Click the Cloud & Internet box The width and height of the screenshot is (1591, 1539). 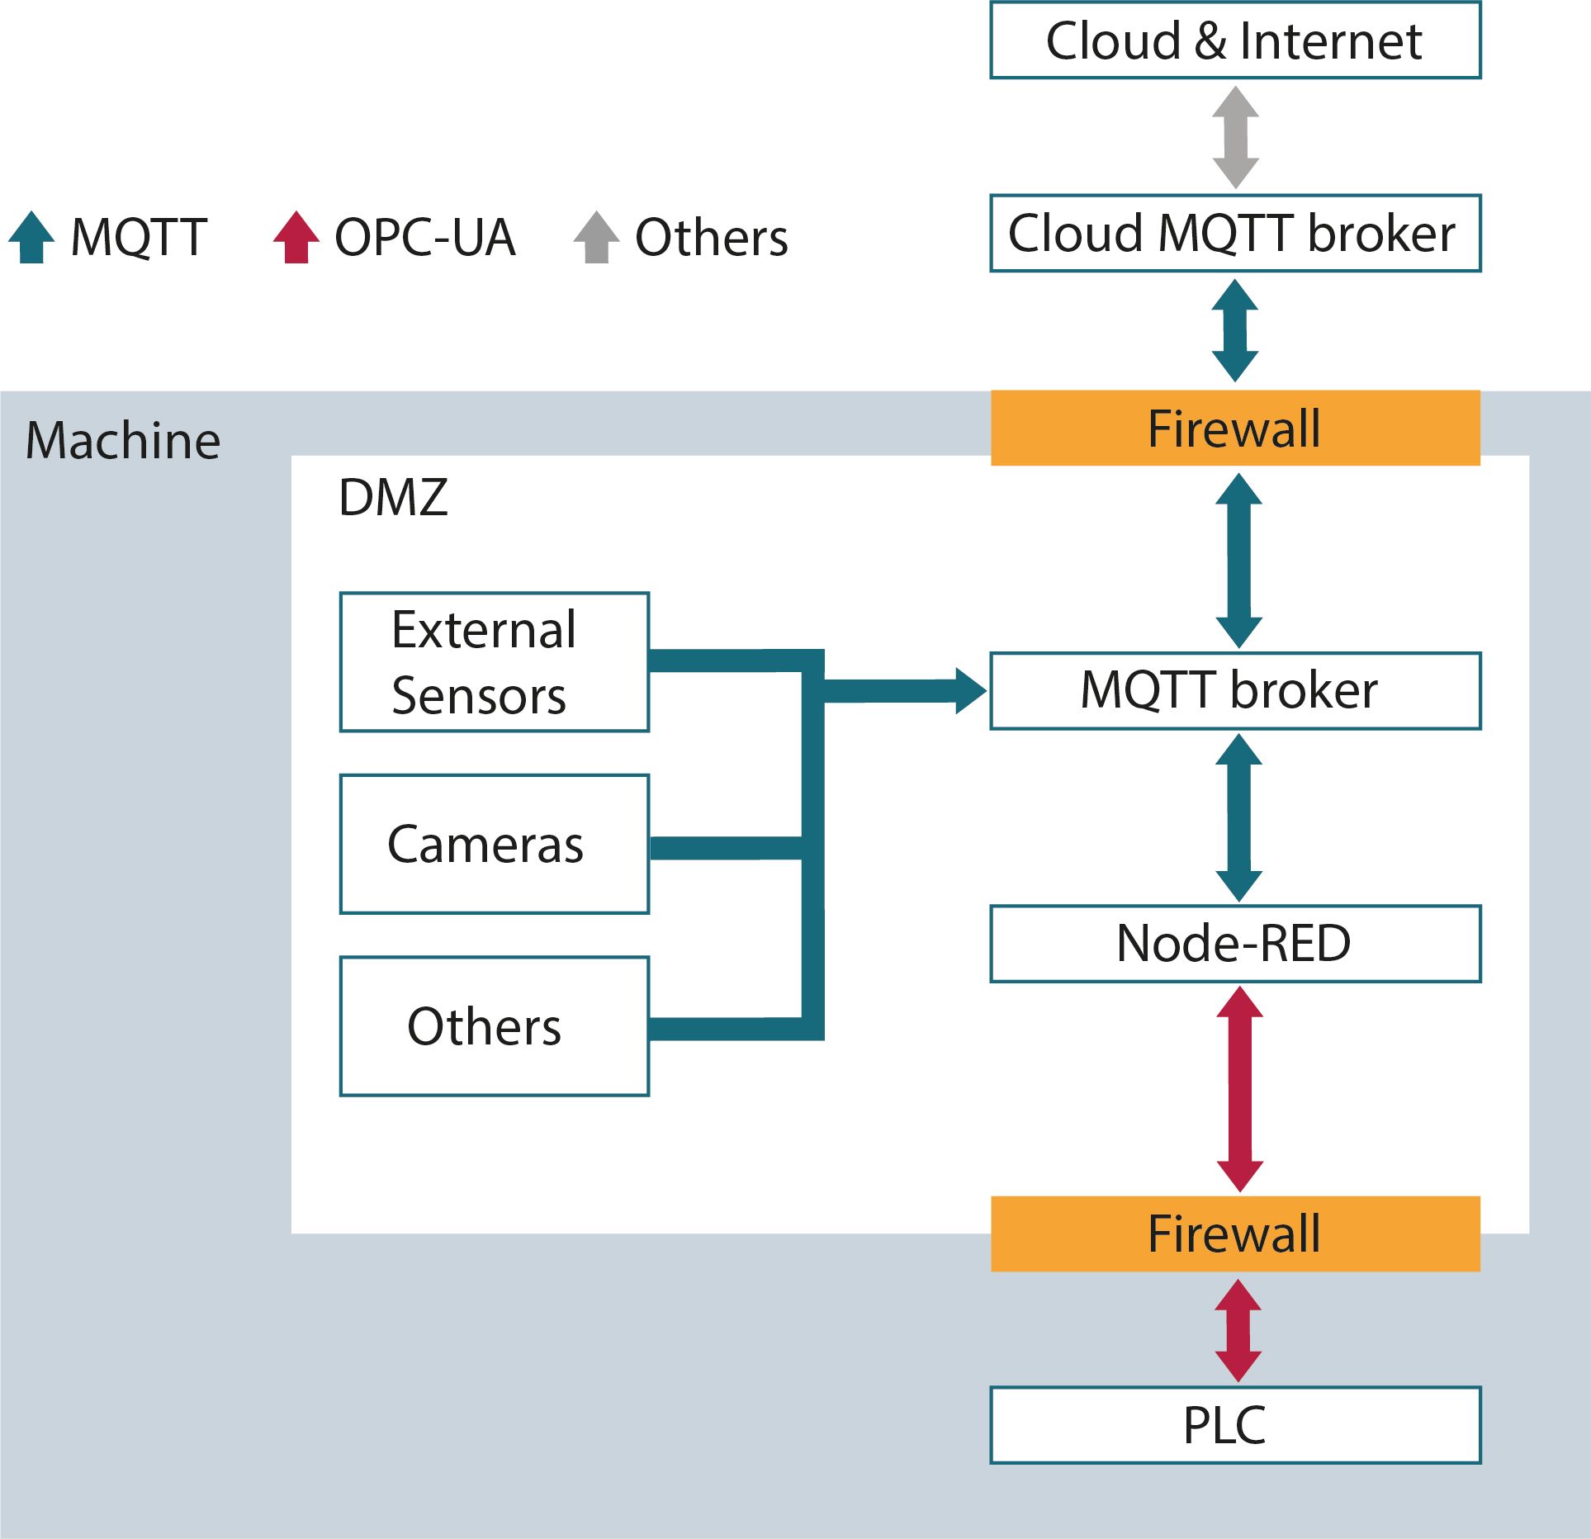click(x=1235, y=40)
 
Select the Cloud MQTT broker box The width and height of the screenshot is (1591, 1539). click(x=1235, y=233)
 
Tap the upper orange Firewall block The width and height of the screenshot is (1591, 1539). click(x=1235, y=429)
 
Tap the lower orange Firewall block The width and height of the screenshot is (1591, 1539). click(x=1235, y=1234)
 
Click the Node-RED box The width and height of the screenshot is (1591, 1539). click(x=1235, y=944)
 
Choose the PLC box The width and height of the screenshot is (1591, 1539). click(x=1235, y=1425)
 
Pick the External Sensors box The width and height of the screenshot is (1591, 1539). click(x=495, y=662)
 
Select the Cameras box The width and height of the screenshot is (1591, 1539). click(x=495, y=844)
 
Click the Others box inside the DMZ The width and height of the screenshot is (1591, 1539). click(x=495, y=1026)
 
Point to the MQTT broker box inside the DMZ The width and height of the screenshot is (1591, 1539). click(x=1235, y=691)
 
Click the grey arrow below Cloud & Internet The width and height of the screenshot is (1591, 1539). click(x=1235, y=137)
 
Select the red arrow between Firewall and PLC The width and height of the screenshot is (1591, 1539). click(x=1238, y=1330)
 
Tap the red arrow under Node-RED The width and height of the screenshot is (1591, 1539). click(x=1240, y=1088)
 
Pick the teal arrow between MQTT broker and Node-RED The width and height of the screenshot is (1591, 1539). click(x=1239, y=817)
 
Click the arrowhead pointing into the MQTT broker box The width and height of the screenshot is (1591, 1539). click(x=970, y=691)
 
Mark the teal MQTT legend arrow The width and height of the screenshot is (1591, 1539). click(x=31, y=238)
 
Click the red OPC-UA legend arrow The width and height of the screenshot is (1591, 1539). click(x=296, y=238)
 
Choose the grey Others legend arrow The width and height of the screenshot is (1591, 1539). click(x=596, y=238)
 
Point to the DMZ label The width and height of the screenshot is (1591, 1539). click(x=393, y=497)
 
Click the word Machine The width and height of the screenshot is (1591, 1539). click(x=123, y=440)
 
